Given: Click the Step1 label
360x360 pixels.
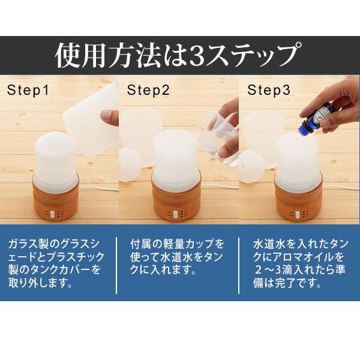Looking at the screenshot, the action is tap(28, 90).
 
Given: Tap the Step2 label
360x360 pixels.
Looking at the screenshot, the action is tap(148, 90).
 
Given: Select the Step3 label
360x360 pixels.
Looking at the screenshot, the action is tap(269, 90).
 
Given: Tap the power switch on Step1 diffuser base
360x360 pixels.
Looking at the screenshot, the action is tap(52, 214).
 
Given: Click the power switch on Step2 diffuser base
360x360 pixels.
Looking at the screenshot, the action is tap(175, 214).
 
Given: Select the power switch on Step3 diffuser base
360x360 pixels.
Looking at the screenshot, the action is tap(298, 214).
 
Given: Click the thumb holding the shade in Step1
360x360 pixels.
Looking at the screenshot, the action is tap(110, 118).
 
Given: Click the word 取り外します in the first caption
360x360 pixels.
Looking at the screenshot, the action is tap(40, 283).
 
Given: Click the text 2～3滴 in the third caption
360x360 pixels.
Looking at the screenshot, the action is tap(274, 270).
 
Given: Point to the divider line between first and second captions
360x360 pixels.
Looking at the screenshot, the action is tap(116, 265).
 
